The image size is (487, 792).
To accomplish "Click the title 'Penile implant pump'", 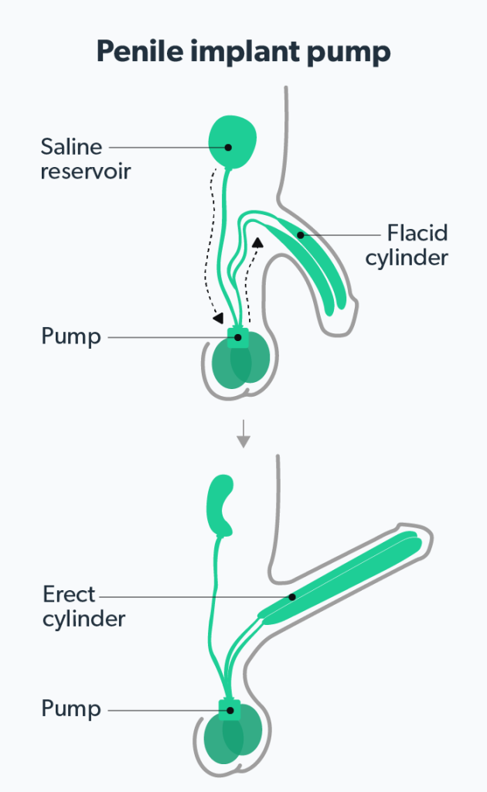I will tap(243, 52).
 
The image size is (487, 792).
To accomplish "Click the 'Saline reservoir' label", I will tap(85, 158).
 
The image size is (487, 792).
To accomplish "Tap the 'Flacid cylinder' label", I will tap(407, 245).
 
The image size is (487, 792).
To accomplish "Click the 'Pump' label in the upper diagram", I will tap(71, 337).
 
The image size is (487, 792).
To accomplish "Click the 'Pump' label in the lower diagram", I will tap(71, 708).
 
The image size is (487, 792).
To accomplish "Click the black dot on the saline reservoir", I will tap(228, 146).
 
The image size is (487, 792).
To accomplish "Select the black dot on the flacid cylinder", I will tap(300, 234).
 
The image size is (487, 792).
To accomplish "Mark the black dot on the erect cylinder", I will tap(291, 596).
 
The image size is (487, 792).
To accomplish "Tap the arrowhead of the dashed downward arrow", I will tap(218, 318).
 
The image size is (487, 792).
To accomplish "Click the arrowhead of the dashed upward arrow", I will tap(257, 242).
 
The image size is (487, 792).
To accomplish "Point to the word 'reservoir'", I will tap(85, 170).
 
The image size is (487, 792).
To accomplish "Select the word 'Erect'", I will tap(70, 595).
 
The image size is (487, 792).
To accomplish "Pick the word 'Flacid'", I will tap(417, 233).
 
